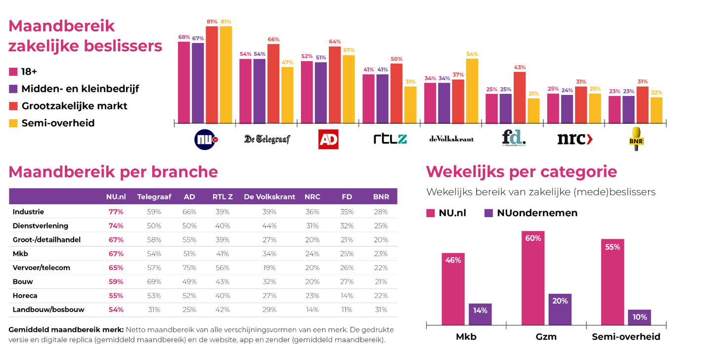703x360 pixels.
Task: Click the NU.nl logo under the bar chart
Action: click(x=206, y=139)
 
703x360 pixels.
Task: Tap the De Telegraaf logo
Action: click(x=267, y=139)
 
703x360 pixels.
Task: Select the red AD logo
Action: click(x=328, y=139)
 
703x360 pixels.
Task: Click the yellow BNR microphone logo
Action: click(x=636, y=139)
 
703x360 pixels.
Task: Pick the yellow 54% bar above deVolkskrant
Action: click(x=472, y=91)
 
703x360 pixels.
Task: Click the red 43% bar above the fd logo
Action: click(x=520, y=97)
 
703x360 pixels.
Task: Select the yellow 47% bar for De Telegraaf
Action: click(x=287, y=95)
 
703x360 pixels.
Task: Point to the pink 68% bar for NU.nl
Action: click(x=184, y=82)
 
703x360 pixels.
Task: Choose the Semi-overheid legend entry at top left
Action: click(x=52, y=123)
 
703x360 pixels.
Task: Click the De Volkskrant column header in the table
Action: click(x=269, y=197)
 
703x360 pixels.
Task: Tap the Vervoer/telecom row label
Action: click(x=42, y=268)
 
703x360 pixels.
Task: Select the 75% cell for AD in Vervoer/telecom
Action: click(x=189, y=268)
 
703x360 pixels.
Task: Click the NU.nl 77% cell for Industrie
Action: click(x=116, y=212)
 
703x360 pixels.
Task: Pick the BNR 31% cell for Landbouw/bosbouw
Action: click(x=381, y=310)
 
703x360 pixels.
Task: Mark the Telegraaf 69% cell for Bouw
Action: click(x=154, y=281)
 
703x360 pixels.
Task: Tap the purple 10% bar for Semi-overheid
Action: click(x=640, y=317)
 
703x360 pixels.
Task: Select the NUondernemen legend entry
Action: click(x=531, y=213)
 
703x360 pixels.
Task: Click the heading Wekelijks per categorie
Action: click(x=521, y=172)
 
